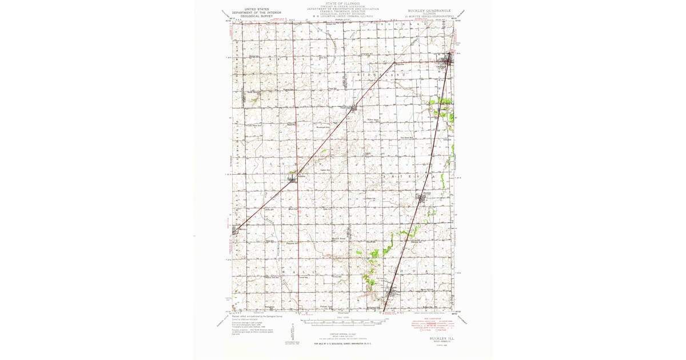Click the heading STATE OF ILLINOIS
point(339,3)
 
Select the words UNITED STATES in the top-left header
point(257,9)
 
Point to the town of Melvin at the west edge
point(236,230)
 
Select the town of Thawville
point(353,107)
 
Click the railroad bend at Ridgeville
point(395,62)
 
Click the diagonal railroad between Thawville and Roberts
point(323,143)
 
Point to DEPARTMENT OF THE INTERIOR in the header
point(257,13)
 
